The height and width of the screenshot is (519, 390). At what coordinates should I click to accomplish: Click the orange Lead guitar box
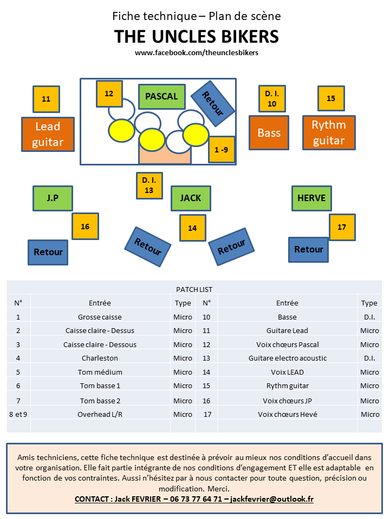pos(48,134)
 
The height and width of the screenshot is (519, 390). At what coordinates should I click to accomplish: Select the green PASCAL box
pos(161,97)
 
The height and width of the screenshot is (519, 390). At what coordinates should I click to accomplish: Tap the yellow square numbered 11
pos(46,99)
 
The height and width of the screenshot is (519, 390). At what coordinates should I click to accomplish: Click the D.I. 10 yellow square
pos(272,99)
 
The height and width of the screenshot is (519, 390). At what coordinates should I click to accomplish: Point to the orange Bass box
pos(269,132)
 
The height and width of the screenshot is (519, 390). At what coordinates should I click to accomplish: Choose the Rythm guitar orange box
pos(329,132)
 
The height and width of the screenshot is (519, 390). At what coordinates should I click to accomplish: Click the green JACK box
pos(191,198)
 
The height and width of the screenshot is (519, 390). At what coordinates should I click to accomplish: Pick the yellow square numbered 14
pos(192,228)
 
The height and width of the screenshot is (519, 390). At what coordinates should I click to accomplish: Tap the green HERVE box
pos(311,198)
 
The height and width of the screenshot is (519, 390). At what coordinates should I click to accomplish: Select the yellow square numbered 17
pos(342,227)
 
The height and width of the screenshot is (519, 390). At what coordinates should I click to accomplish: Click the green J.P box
pos(53,198)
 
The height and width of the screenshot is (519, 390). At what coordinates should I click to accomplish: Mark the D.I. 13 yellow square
pos(149,185)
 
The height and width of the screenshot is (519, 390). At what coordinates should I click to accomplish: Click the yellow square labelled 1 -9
pos(222,150)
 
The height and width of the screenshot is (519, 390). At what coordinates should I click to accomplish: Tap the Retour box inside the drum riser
pos(213,103)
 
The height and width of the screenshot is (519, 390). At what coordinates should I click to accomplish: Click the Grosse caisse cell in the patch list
pos(100,317)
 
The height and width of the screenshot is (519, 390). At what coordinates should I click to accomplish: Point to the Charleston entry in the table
pos(100,358)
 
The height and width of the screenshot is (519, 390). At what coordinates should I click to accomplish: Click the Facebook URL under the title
pos(196,53)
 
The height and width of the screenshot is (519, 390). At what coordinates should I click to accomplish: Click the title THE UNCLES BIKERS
pos(196,37)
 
